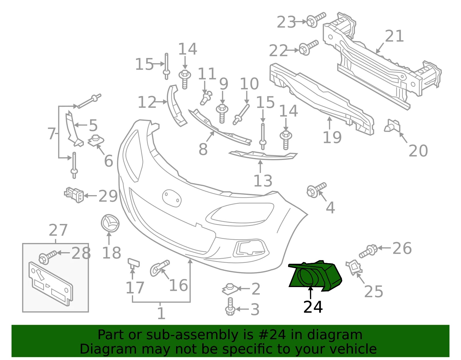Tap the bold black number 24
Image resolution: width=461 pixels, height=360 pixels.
click(x=313, y=307)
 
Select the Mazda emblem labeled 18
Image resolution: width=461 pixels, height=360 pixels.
click(x=110, y=223)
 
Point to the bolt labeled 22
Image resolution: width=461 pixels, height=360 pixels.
click(x=308, y=48)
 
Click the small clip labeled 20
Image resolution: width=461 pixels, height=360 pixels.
click(x=392, y=126)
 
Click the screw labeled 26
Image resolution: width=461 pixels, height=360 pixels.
click(x=368, y=251)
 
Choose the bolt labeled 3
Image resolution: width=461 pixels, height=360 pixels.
click(x=230, y=306)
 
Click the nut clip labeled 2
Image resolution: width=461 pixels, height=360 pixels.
click(x=230, y=289)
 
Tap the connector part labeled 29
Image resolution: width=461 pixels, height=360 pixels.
click(x=74, y=195)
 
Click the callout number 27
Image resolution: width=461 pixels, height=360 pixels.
click(x=58, y=230)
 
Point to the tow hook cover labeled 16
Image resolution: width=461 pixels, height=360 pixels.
click(x=160, y=268)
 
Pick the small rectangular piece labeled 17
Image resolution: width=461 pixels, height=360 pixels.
click(x=134, y=263)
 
